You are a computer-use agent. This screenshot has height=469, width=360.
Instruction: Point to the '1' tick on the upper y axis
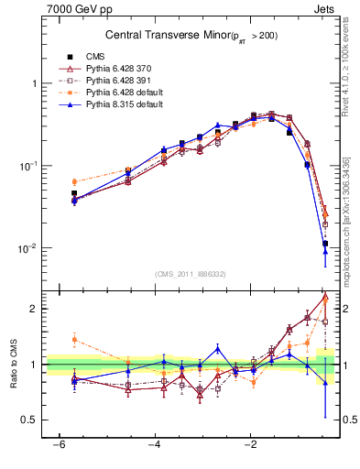coord(34,83)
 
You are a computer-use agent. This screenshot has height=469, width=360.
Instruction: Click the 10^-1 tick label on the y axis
coord(30,166)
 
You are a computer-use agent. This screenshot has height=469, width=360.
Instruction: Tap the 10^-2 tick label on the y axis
coord(30,248)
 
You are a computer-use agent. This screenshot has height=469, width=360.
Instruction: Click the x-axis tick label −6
coord(59,444)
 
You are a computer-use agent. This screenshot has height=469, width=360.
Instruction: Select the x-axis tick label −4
coord(155,444)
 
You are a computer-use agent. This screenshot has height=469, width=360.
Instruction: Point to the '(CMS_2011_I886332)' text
coord(191,274)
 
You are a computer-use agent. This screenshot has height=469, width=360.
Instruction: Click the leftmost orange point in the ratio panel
coord(74,339)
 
